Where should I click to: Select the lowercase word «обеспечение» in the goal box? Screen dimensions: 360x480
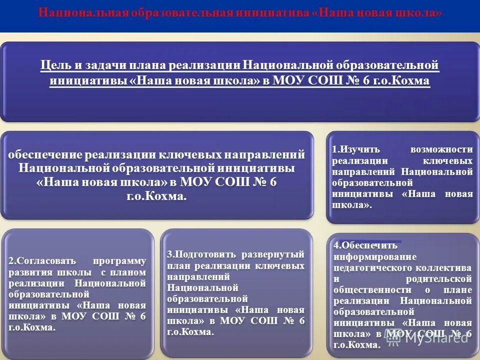pos(45,154)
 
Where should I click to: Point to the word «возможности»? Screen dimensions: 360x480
pos(441,149)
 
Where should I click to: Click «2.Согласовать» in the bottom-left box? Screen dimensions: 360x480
pos(42,261)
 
